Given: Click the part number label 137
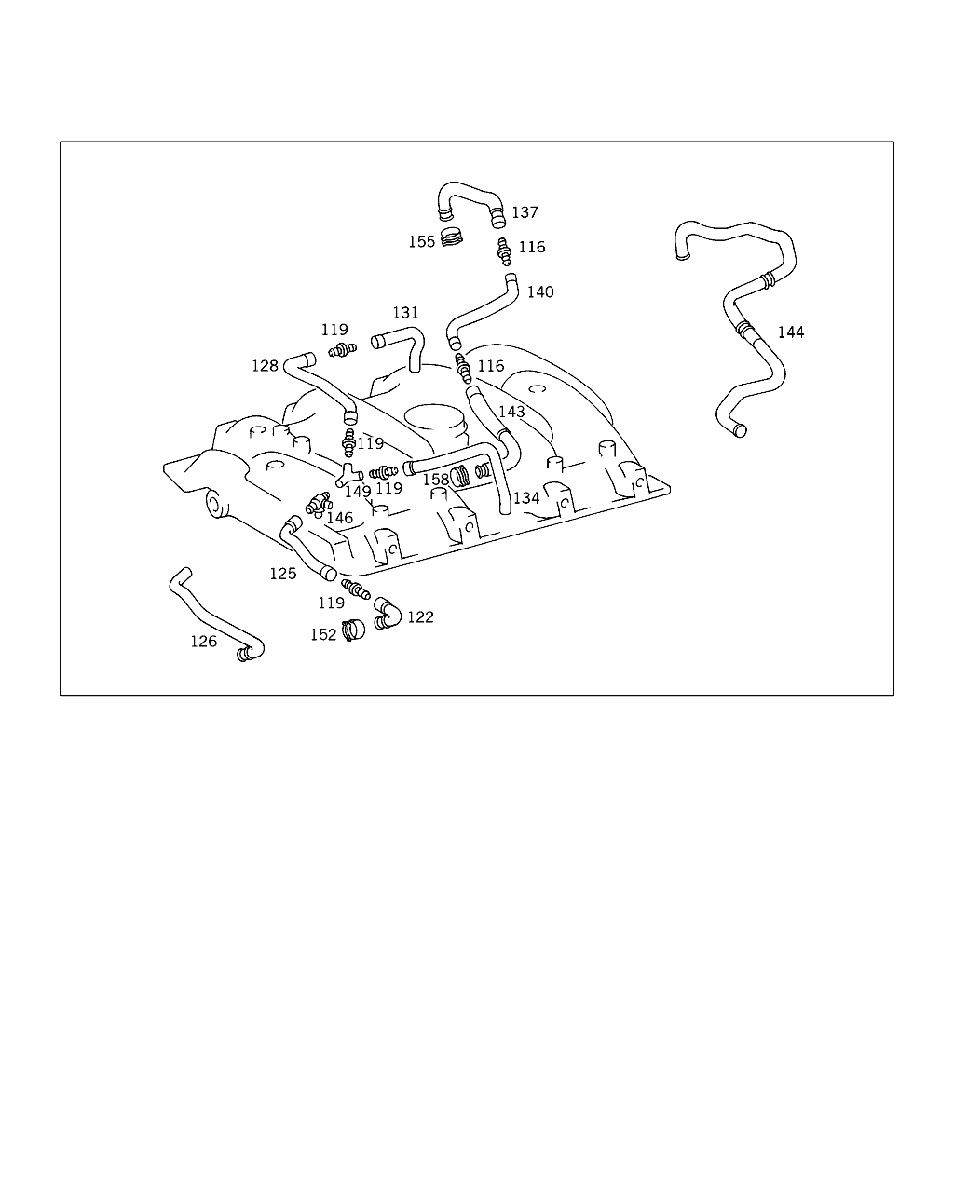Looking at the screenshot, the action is (525, 212).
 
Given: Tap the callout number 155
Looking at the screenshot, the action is (421, 241).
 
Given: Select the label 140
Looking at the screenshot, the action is (540, 291).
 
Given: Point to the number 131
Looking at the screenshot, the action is (405, 313).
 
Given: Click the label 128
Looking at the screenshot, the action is (265, 366).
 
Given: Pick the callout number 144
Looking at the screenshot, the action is (790, 332).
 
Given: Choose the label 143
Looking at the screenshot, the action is (511, 412).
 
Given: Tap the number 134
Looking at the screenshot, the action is (526, 498).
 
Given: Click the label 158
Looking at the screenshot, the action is (436, 480).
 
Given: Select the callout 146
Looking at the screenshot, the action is (339, 518).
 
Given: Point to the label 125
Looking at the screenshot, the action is (282, 574).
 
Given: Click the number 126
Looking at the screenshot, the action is (203, 642).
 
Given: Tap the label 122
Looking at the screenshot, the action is (420, 617).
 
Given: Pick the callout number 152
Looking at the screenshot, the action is (323, 635).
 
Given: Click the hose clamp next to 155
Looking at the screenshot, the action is (452, 238).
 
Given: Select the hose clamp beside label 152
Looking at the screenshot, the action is (353, 630).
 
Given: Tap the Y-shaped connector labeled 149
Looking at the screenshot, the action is (348, 475).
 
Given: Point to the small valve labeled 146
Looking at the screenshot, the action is (319, 504).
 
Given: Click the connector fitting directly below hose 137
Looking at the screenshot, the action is (504, 252).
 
